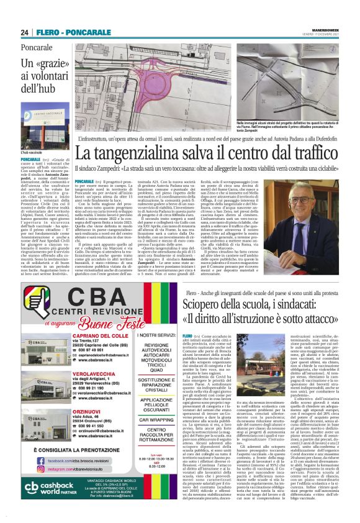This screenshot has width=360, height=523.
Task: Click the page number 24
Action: (25, 33)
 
